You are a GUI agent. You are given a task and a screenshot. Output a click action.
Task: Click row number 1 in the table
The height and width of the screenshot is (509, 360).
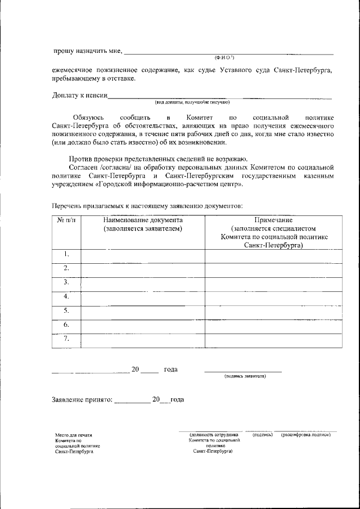pos(66,254)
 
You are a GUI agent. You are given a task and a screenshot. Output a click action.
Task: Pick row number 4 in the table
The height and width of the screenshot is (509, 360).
pos(66,296)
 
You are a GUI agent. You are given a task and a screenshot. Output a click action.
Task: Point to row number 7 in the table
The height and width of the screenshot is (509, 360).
pos(66,339)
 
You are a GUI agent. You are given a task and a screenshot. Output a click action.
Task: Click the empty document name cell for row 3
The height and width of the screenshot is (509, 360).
pos(142,282)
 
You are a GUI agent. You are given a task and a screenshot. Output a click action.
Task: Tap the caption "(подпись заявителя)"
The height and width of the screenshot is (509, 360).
pos(245,376)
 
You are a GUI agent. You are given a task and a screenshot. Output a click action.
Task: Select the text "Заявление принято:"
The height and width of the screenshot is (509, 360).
pos(82,400)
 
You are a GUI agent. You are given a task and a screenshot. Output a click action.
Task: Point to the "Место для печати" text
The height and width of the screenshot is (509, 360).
pos(73,435)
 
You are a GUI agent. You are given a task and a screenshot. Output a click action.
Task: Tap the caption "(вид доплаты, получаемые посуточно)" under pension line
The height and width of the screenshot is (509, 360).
pos(192,102)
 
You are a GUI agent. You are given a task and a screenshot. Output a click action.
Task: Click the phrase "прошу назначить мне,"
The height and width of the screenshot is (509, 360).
pos(87,51)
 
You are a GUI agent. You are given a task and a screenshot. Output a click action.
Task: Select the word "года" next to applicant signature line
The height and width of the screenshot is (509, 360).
pos(171,370)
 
